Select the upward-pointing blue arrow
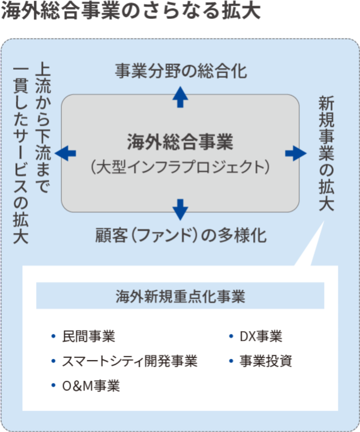[x=180, y=97]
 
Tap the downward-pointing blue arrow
[x=180, y=209]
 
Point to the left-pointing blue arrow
[x=65, y=153]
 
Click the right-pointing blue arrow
[x=296, y=153]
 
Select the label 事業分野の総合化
[x=181, y=71]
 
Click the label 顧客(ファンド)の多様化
[x=181, y=235]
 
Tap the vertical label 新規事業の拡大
[x=326, y=153]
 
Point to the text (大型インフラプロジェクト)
[x=180, y=167]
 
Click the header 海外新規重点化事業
[x=180, y=296]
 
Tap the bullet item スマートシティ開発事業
[x=130, y=361]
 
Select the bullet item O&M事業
[x=91, y=386]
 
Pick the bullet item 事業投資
[x=266, y=361]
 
